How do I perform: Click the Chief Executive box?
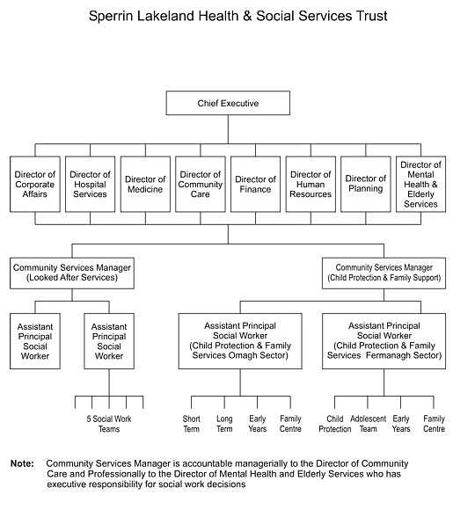(x=228, y=103)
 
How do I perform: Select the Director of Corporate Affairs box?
(x=35, y=184)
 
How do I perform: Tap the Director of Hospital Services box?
(x=90, y=184)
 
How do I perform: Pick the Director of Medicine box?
(x=145, y=184)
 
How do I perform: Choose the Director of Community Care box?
(x=201, y=184)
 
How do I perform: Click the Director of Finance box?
(x=255, y=184)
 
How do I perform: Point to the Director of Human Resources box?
(x=311, y=184)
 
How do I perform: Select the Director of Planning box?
(x=366, y=184)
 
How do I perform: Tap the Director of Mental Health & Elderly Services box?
(x=420, y=184)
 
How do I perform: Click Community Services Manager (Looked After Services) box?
(x=72, y=273)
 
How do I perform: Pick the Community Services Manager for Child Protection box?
(x=384, y=273)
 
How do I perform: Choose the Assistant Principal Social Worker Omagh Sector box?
(x=240, y=341)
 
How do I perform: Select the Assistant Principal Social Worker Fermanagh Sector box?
(x=384, y=341)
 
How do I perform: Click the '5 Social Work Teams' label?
(x=109, y=424)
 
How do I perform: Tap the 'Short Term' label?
(x=191, y=424)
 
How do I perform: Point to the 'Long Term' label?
(x=224, y=424)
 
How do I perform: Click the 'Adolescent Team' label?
(x=368, y=424)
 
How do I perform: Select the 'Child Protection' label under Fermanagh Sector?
(x=335, y=424)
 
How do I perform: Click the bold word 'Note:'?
(x=22, y=463)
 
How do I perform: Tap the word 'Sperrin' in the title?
(x=111, y=16)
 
